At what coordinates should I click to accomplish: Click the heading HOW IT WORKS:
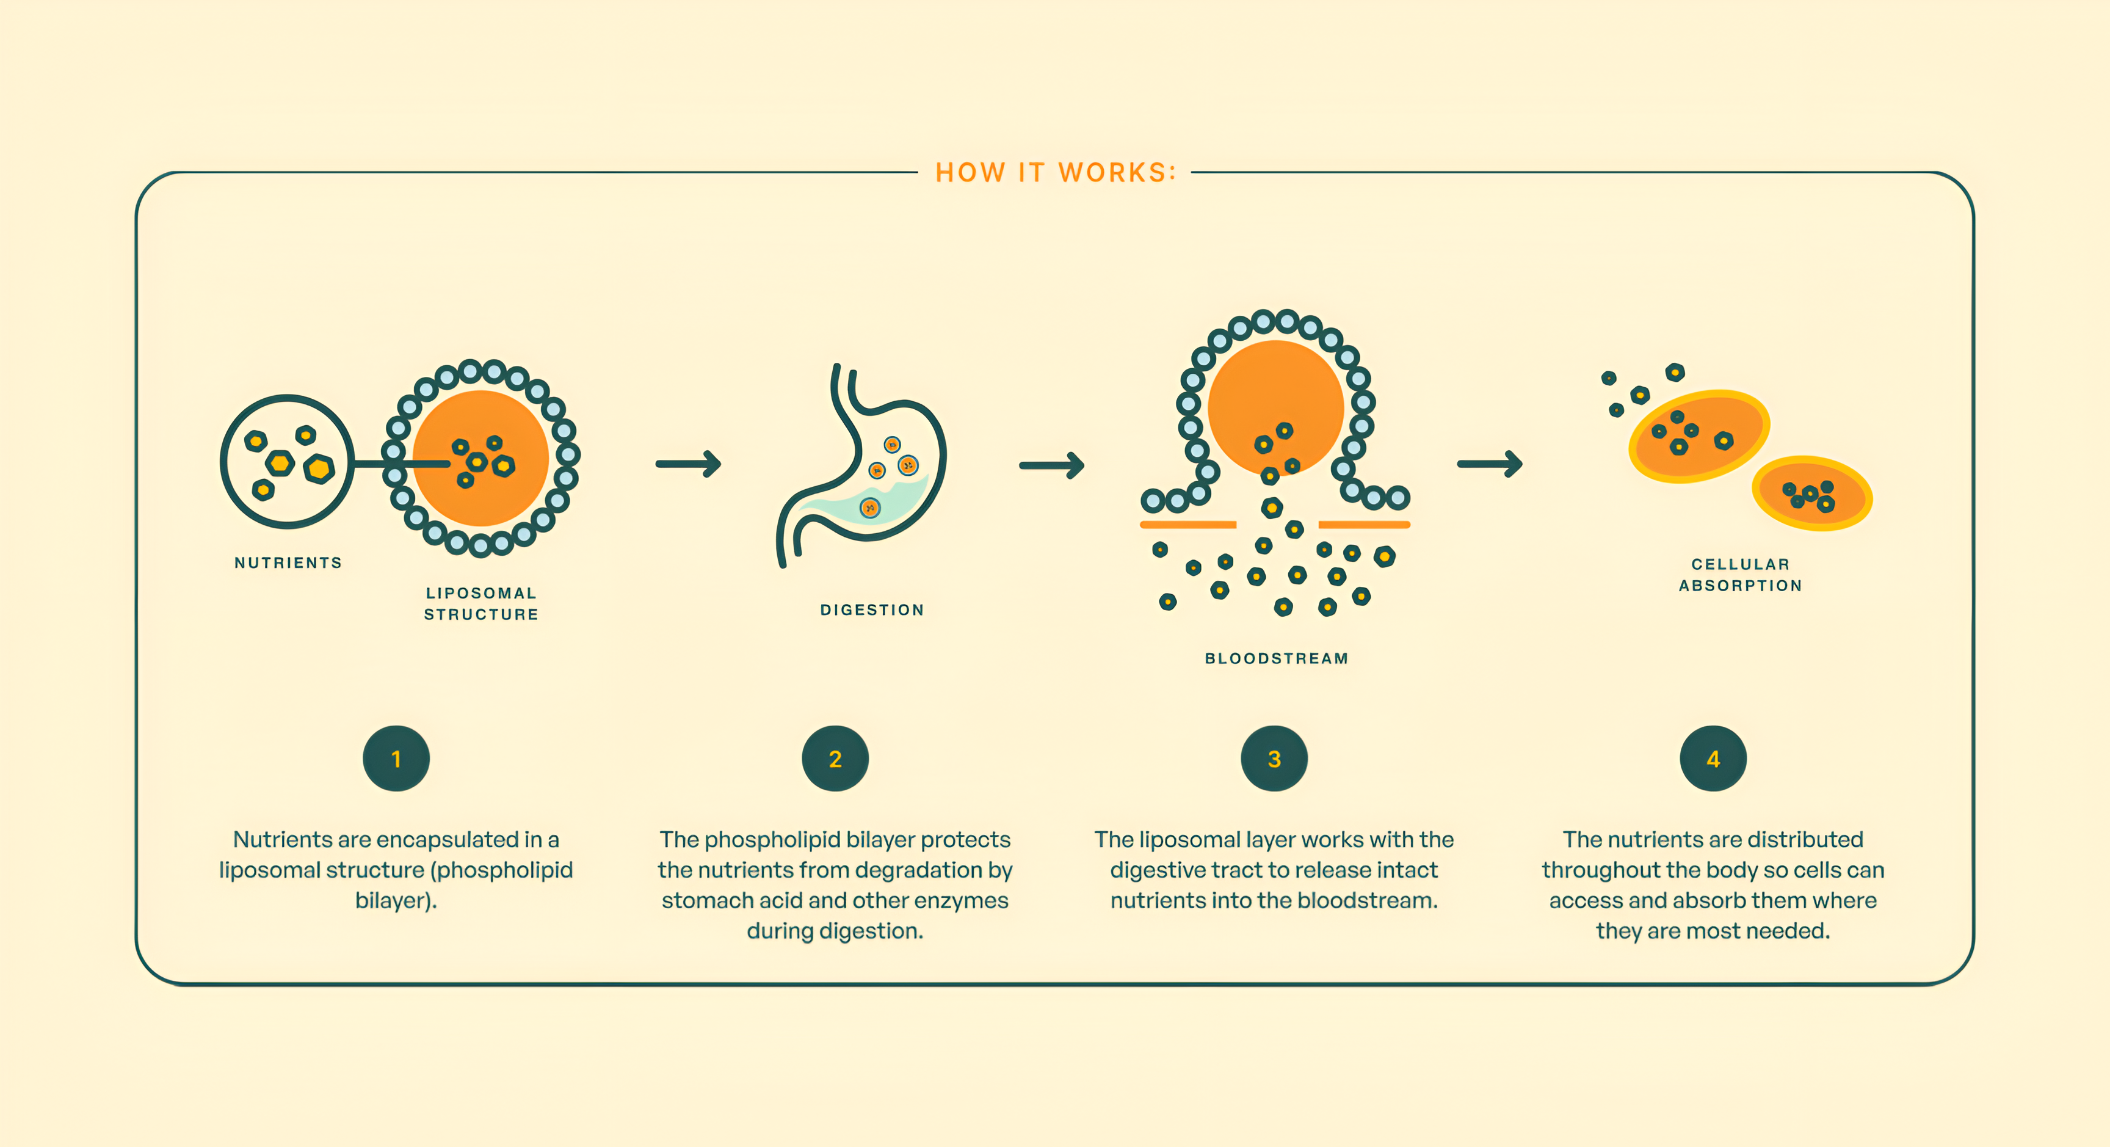pos(1055,173)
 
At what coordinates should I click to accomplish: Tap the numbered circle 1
pos(396,759)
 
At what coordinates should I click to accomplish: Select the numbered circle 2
pos(835,759)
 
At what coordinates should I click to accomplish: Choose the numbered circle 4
pos(1713,759)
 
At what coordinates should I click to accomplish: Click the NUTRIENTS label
pos(288,563)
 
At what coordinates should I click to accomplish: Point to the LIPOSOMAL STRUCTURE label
pos(481,604)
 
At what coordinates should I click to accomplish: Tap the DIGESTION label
pos(871,610)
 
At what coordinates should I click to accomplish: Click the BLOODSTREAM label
pos(1276,659)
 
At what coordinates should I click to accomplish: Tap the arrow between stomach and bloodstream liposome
pos(1052,465)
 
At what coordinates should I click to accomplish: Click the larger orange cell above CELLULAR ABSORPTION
pos(1699,436)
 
